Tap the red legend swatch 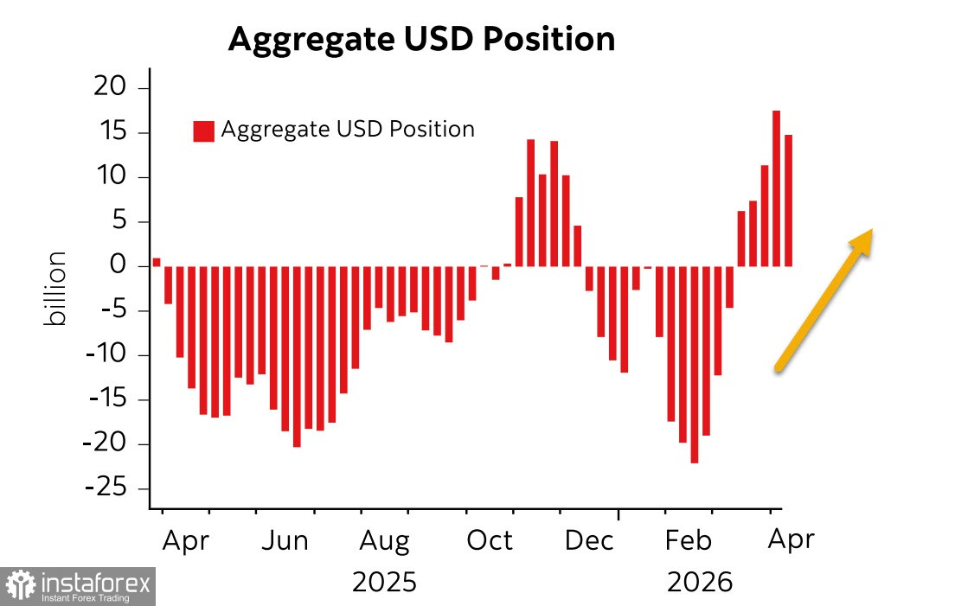coord(203,131)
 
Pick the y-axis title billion coord(56,290)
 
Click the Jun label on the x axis coord(285,541)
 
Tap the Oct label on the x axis coord(490,541)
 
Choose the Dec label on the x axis coord(589,541)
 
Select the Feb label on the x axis coord(689,541)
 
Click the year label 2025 coord(384,582)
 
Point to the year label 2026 coord(700,582)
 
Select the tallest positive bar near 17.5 coord(776,188)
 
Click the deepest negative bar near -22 coord(694,364)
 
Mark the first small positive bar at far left coord(157,262)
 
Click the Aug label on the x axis coord(385,541)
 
